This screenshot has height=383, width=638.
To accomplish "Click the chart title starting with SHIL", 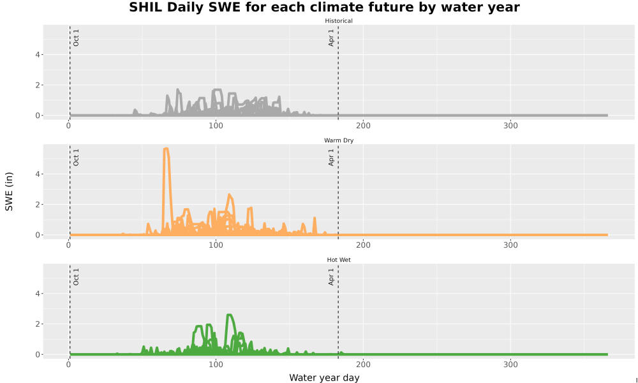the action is click(324, 7).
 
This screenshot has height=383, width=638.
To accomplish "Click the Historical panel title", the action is click(339, 21).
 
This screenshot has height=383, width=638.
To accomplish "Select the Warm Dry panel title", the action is click(339, 140).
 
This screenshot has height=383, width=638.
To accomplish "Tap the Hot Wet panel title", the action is click(339, 260).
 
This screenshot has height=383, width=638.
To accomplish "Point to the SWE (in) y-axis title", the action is click(9, 191).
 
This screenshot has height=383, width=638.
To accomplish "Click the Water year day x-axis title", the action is click(324, 378).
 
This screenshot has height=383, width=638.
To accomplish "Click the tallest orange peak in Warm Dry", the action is click(166, 149).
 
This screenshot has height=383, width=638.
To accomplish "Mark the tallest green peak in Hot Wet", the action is click(229, 315).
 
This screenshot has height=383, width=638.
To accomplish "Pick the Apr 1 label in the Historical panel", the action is click(331, 38).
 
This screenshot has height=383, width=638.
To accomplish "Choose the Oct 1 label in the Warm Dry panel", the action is click(76, 157).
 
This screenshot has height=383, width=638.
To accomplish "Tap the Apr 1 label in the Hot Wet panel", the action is click(331, 276).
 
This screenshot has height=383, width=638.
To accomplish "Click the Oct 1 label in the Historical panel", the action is click(76, 38).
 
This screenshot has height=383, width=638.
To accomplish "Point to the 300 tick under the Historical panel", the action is click(510, 126).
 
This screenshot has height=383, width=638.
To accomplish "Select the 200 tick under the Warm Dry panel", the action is click(363, 245).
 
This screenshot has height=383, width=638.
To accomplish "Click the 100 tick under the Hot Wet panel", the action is click(216, 364).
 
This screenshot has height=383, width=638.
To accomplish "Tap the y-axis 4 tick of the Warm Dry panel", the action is click(38, 174).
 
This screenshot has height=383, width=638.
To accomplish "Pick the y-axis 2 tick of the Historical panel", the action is click(38, 85).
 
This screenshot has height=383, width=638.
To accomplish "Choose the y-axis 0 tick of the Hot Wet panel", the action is click(38, 354).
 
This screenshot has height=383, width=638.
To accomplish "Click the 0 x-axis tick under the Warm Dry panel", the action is click(68, 245).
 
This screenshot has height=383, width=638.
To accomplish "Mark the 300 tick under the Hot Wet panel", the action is click(510, 364).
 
